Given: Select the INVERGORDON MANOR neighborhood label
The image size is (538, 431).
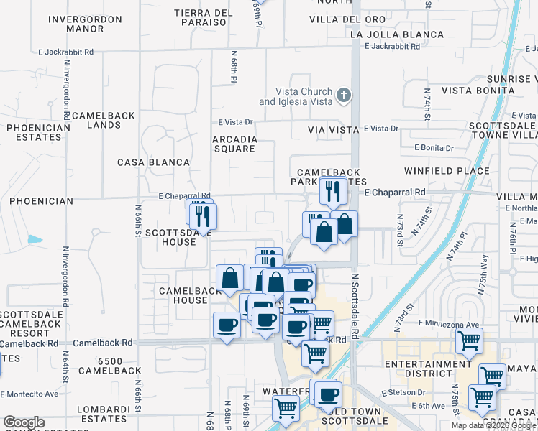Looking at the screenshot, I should coord(76,24).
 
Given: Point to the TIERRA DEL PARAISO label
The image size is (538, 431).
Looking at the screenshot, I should coord(204,18).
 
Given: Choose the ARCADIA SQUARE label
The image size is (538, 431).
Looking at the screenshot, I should coord(234,144).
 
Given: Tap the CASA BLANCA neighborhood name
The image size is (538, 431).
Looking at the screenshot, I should coord(153,162).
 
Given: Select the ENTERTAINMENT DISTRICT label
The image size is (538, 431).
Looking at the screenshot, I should coord(427,369).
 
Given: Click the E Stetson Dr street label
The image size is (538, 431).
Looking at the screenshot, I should coord(405,393).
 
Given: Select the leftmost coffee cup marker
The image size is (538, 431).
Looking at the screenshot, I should coord(227,325).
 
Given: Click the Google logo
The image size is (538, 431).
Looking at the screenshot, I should coord(24,422).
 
